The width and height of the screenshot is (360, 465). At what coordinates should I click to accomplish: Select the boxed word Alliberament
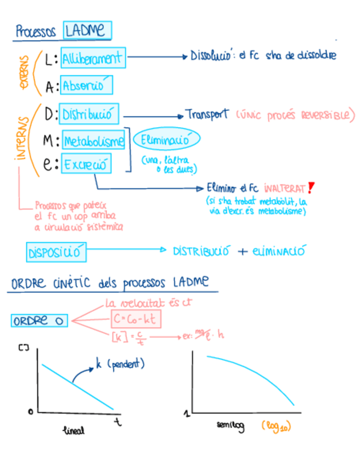tap(93, 59)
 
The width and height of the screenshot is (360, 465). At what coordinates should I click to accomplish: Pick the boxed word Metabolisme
tap(93, 141)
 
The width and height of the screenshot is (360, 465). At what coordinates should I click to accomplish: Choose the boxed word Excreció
tap(86, 163)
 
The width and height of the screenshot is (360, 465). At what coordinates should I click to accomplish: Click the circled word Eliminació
tap(166, 140)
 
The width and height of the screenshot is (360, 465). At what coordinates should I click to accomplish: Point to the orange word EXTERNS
tap(25, 73)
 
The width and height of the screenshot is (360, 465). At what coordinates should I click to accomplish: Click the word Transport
tap(207, 115)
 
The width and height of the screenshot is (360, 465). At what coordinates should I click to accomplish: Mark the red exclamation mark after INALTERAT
tap(311, 188)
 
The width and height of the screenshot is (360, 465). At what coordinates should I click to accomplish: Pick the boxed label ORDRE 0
tap(38, 321)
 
